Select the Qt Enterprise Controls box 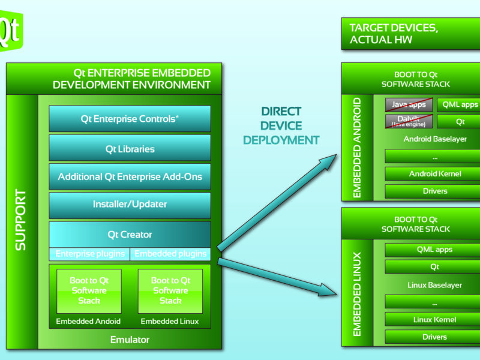(x=130, y=119)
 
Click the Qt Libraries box (x=130, y=148)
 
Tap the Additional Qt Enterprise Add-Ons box (x=130, y=177)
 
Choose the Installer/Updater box (x=130, y=205)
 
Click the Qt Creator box (x=130, y=235)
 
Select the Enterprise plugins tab (x=90, y=254)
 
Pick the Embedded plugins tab (x=171, y=254)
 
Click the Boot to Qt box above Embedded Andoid (x=89, y=290)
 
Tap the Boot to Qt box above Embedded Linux (x=170, y=290)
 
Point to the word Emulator (x=130, y=340)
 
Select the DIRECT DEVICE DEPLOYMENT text (x=281, y=126)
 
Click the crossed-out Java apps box (x=409, y=104)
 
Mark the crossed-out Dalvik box (x=409, y=121)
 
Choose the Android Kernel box (x=435, y=174)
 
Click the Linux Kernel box (x=435, y=320)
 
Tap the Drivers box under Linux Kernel (x=435, y=337)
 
